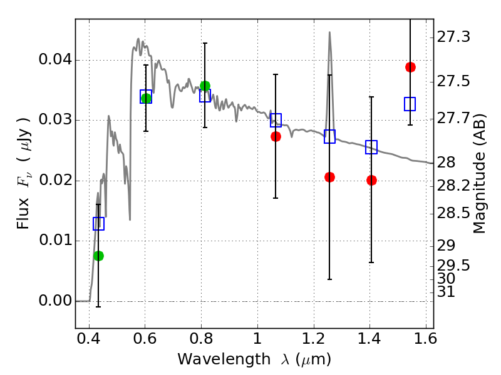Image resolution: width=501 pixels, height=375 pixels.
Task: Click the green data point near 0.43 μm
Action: (98, 256)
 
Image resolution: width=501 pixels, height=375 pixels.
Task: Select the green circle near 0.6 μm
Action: (146, 98)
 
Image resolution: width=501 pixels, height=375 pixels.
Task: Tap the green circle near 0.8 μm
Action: (205, 86)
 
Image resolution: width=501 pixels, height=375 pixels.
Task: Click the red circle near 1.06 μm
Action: (276, 136)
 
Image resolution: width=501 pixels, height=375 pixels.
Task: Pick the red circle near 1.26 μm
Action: (329, 177)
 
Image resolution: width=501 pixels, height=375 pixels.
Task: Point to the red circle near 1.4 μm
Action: (371, 180)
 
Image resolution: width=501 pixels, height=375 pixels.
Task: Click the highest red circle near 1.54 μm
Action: (410, 67)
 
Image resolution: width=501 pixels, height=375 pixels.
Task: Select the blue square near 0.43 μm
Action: (98, 223)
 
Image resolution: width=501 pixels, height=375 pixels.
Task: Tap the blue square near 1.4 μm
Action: (371, 147)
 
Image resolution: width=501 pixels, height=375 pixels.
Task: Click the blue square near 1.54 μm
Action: (410, 104)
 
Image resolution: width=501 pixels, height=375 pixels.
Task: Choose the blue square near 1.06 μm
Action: (276, 120)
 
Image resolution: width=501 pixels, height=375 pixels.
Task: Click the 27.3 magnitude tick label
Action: (455, 37)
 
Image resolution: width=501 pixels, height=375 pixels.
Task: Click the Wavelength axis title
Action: (254, 359)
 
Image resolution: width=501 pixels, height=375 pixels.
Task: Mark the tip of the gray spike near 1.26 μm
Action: (329, 32)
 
